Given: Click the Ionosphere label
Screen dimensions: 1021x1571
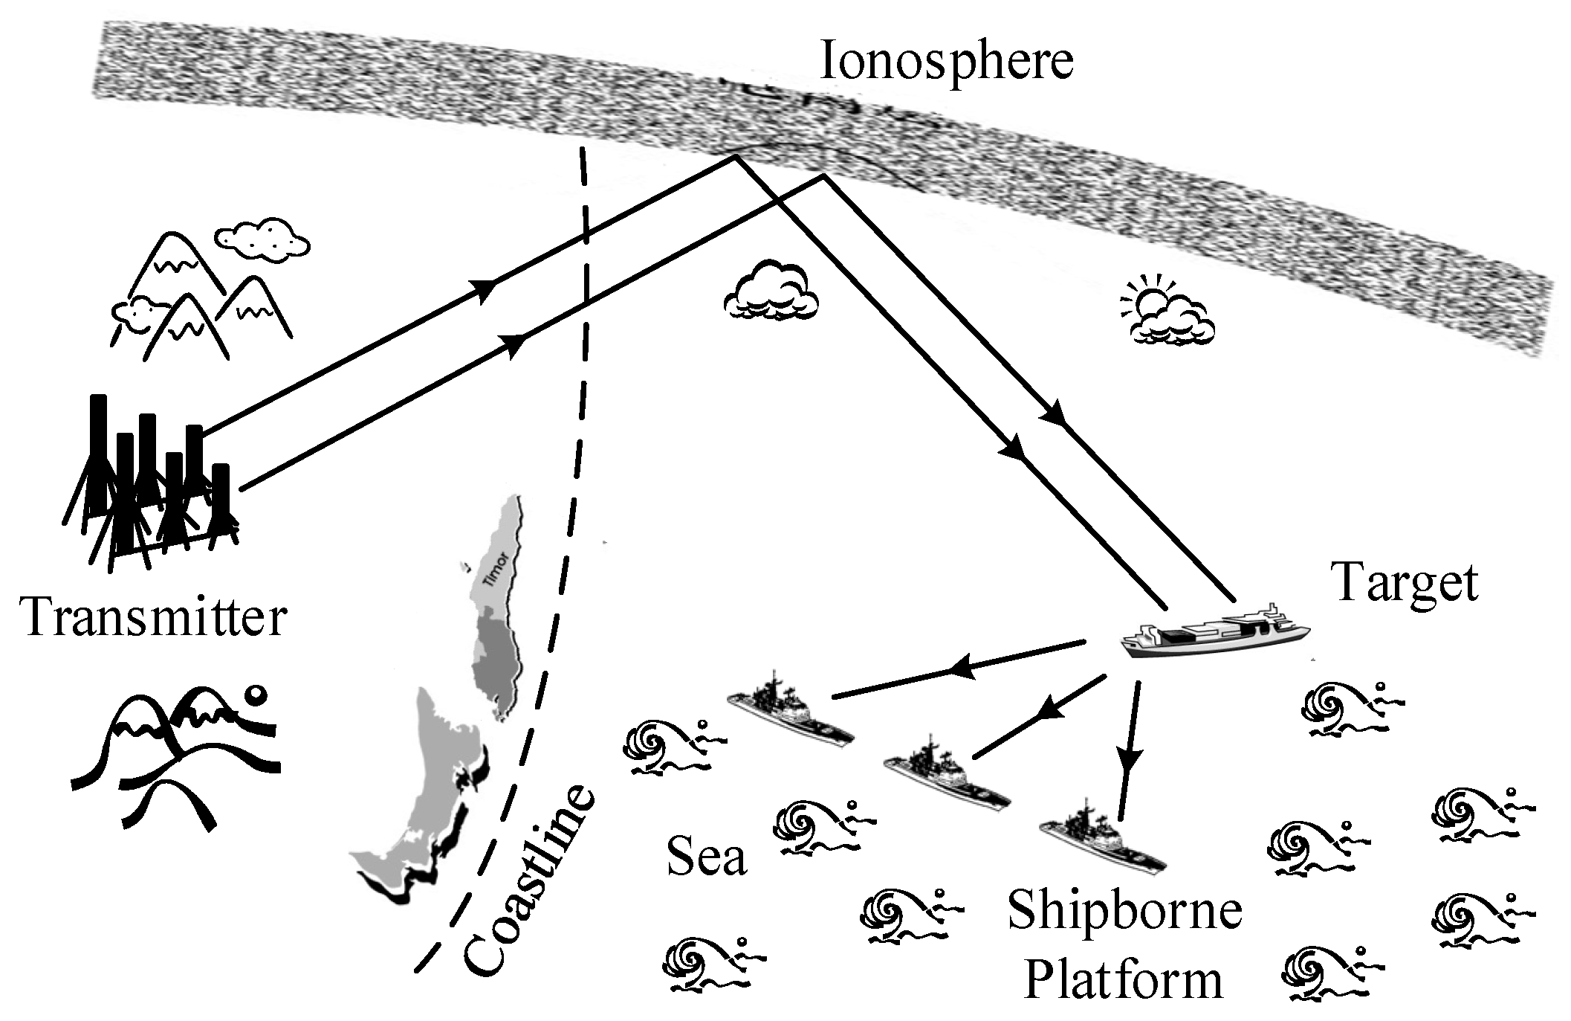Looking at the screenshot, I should [x=946, y=61].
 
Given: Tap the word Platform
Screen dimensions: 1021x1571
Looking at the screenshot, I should [x=1123, y=980].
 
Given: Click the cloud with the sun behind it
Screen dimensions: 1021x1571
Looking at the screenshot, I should [x=1168, y=316].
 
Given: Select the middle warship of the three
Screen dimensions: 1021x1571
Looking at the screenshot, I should [x=947, y=778].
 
